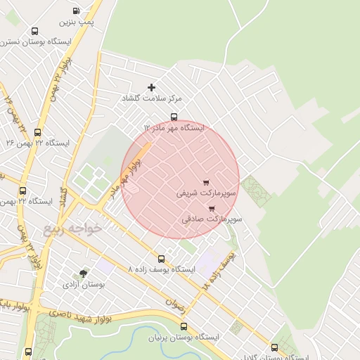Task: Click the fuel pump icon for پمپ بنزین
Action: [x=76, y=12]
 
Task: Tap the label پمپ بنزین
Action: [x=76, y=24]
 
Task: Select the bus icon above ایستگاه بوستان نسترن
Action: [x=35, y=31]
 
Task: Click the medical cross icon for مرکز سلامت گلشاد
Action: [x=152, y=88]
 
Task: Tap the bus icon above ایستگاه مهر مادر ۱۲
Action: [x=174, y=117]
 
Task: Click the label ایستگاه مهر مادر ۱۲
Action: [x=174, y=129]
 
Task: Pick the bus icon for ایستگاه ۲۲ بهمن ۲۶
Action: [x=37, y=131]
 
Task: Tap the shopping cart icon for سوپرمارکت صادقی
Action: [x=212, y=208]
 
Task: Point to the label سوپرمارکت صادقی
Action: [x=212, y=219]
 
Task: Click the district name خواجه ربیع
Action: [x=72, y=229]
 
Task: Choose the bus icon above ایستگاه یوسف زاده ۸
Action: [x=162, y=259]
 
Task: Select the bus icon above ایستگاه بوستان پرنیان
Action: [x=184, y=326]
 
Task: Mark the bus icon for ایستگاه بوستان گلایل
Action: [x=274, y=347]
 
